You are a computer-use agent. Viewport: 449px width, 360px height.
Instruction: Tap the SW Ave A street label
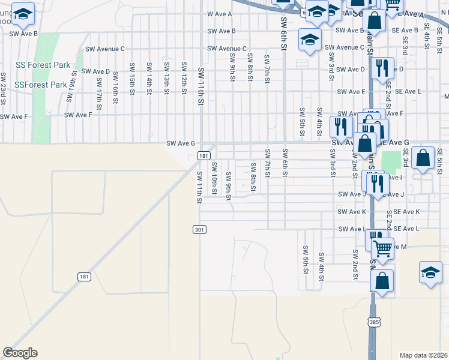tap(218, 14)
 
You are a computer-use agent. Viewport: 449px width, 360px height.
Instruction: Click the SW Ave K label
tap(352, 212)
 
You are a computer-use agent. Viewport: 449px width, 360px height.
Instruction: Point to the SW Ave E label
tap(351, 92)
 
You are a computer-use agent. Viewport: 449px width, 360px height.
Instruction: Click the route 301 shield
tap(199, 230)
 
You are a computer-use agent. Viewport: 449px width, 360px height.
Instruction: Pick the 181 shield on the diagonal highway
tap(85, 277)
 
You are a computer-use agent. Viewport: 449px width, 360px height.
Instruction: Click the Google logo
tap(20, 353)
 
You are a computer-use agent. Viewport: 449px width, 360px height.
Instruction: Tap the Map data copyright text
tap(424, 355)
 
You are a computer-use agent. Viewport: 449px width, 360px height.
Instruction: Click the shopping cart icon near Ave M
tap(382, 247)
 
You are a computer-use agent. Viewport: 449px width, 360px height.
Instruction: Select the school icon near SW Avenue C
tap(310, 40)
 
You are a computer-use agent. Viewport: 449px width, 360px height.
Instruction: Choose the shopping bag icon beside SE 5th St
tap(423, 158)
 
